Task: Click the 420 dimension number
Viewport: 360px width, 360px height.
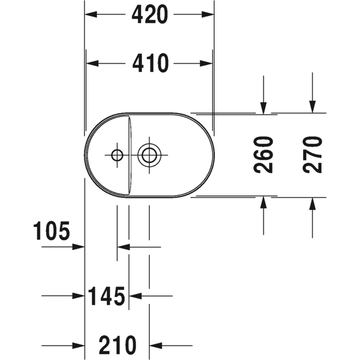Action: click(x=150, y=14)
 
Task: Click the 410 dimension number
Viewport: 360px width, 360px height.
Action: click(x=150, y=63)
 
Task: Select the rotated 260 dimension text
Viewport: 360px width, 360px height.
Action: click(x=263, y=155)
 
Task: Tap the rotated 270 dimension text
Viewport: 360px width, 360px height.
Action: click(x=312, y=155)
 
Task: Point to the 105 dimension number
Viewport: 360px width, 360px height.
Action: click(x=51, y=231)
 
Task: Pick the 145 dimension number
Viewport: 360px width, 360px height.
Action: click(x=107, y=296)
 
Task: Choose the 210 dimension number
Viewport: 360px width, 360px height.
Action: click(x=118, y=345)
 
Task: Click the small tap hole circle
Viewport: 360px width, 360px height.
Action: click(x=117, y=155)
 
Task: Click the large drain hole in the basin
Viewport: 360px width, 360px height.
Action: click(x=149, y=155)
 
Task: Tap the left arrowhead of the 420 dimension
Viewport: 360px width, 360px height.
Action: click(x=91, y=14)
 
